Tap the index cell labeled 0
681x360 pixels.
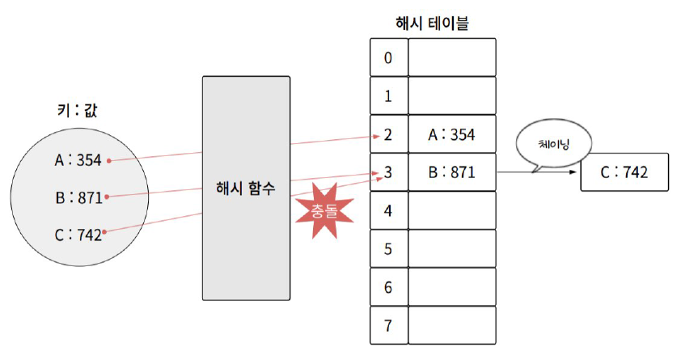(387, 58)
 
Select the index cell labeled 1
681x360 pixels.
(387, 96)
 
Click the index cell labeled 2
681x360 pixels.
(387, 134)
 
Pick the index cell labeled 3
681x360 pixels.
(387, 172)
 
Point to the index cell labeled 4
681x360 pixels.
(387, 210)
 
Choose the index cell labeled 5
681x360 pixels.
(387, 249)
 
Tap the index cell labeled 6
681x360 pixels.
(387, 287)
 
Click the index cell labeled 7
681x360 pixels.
(387, 325)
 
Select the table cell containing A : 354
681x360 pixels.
(451, 134)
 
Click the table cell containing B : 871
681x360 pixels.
(451, 172)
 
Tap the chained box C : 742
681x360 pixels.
(624, 172)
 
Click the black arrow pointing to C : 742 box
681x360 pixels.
(538, 172)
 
